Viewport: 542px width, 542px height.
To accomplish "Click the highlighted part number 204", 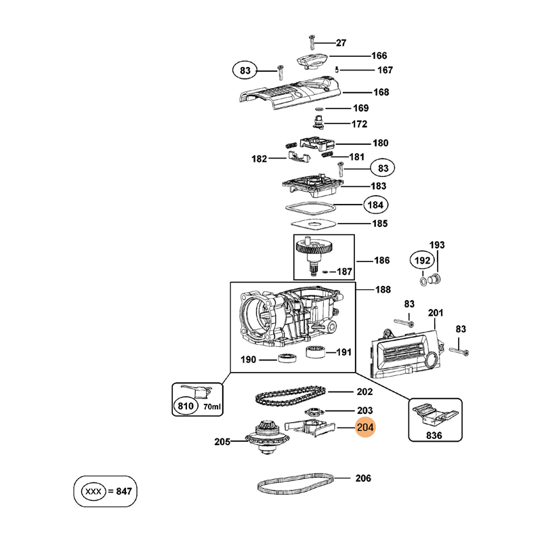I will (x=366, y=428).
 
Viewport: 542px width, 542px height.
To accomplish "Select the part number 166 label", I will (x=379, y=56).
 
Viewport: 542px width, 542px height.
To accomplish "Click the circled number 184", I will (x=374, y=205).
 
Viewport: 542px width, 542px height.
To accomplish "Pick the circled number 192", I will (x=423, y=260).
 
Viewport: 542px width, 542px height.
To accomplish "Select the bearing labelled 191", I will (x=314, y=351).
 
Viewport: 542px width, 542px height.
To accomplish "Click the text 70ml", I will (x=211, y=406).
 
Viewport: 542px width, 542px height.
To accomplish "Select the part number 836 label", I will (x=434, y=436).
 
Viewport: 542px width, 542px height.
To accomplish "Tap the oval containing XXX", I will (x=91, y=491).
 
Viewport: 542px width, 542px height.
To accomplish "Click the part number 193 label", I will (x=437, y=245).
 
